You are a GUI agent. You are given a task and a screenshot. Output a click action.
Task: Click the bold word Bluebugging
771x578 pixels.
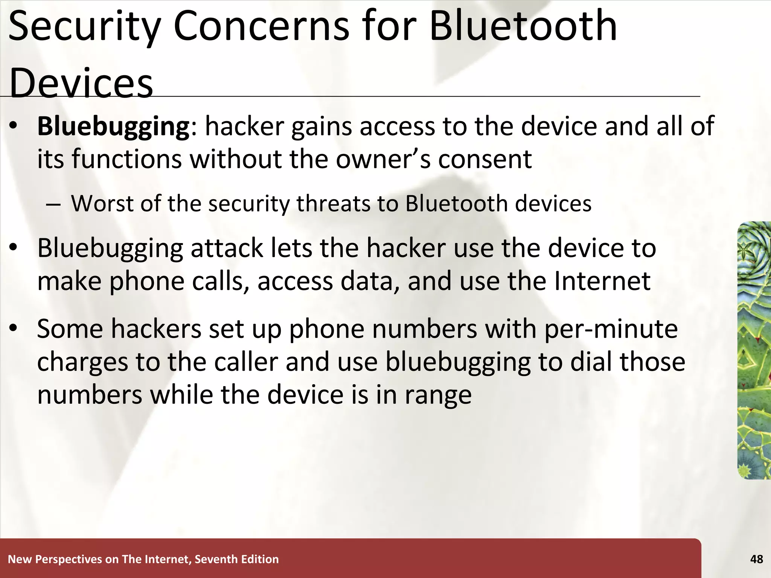pos(113,126)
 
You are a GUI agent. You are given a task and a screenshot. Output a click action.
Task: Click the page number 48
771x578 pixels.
pos(756,559)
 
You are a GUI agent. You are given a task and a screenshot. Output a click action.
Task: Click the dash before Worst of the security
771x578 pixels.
pos(53,204)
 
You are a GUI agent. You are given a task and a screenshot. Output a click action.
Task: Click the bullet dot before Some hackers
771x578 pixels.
pos(14,328)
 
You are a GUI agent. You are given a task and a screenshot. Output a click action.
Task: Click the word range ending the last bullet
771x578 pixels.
pos(438,395)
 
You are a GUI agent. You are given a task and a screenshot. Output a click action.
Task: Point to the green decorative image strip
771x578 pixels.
pos(754,350)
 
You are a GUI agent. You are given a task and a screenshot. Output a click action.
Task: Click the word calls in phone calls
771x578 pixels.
pos(220,281)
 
